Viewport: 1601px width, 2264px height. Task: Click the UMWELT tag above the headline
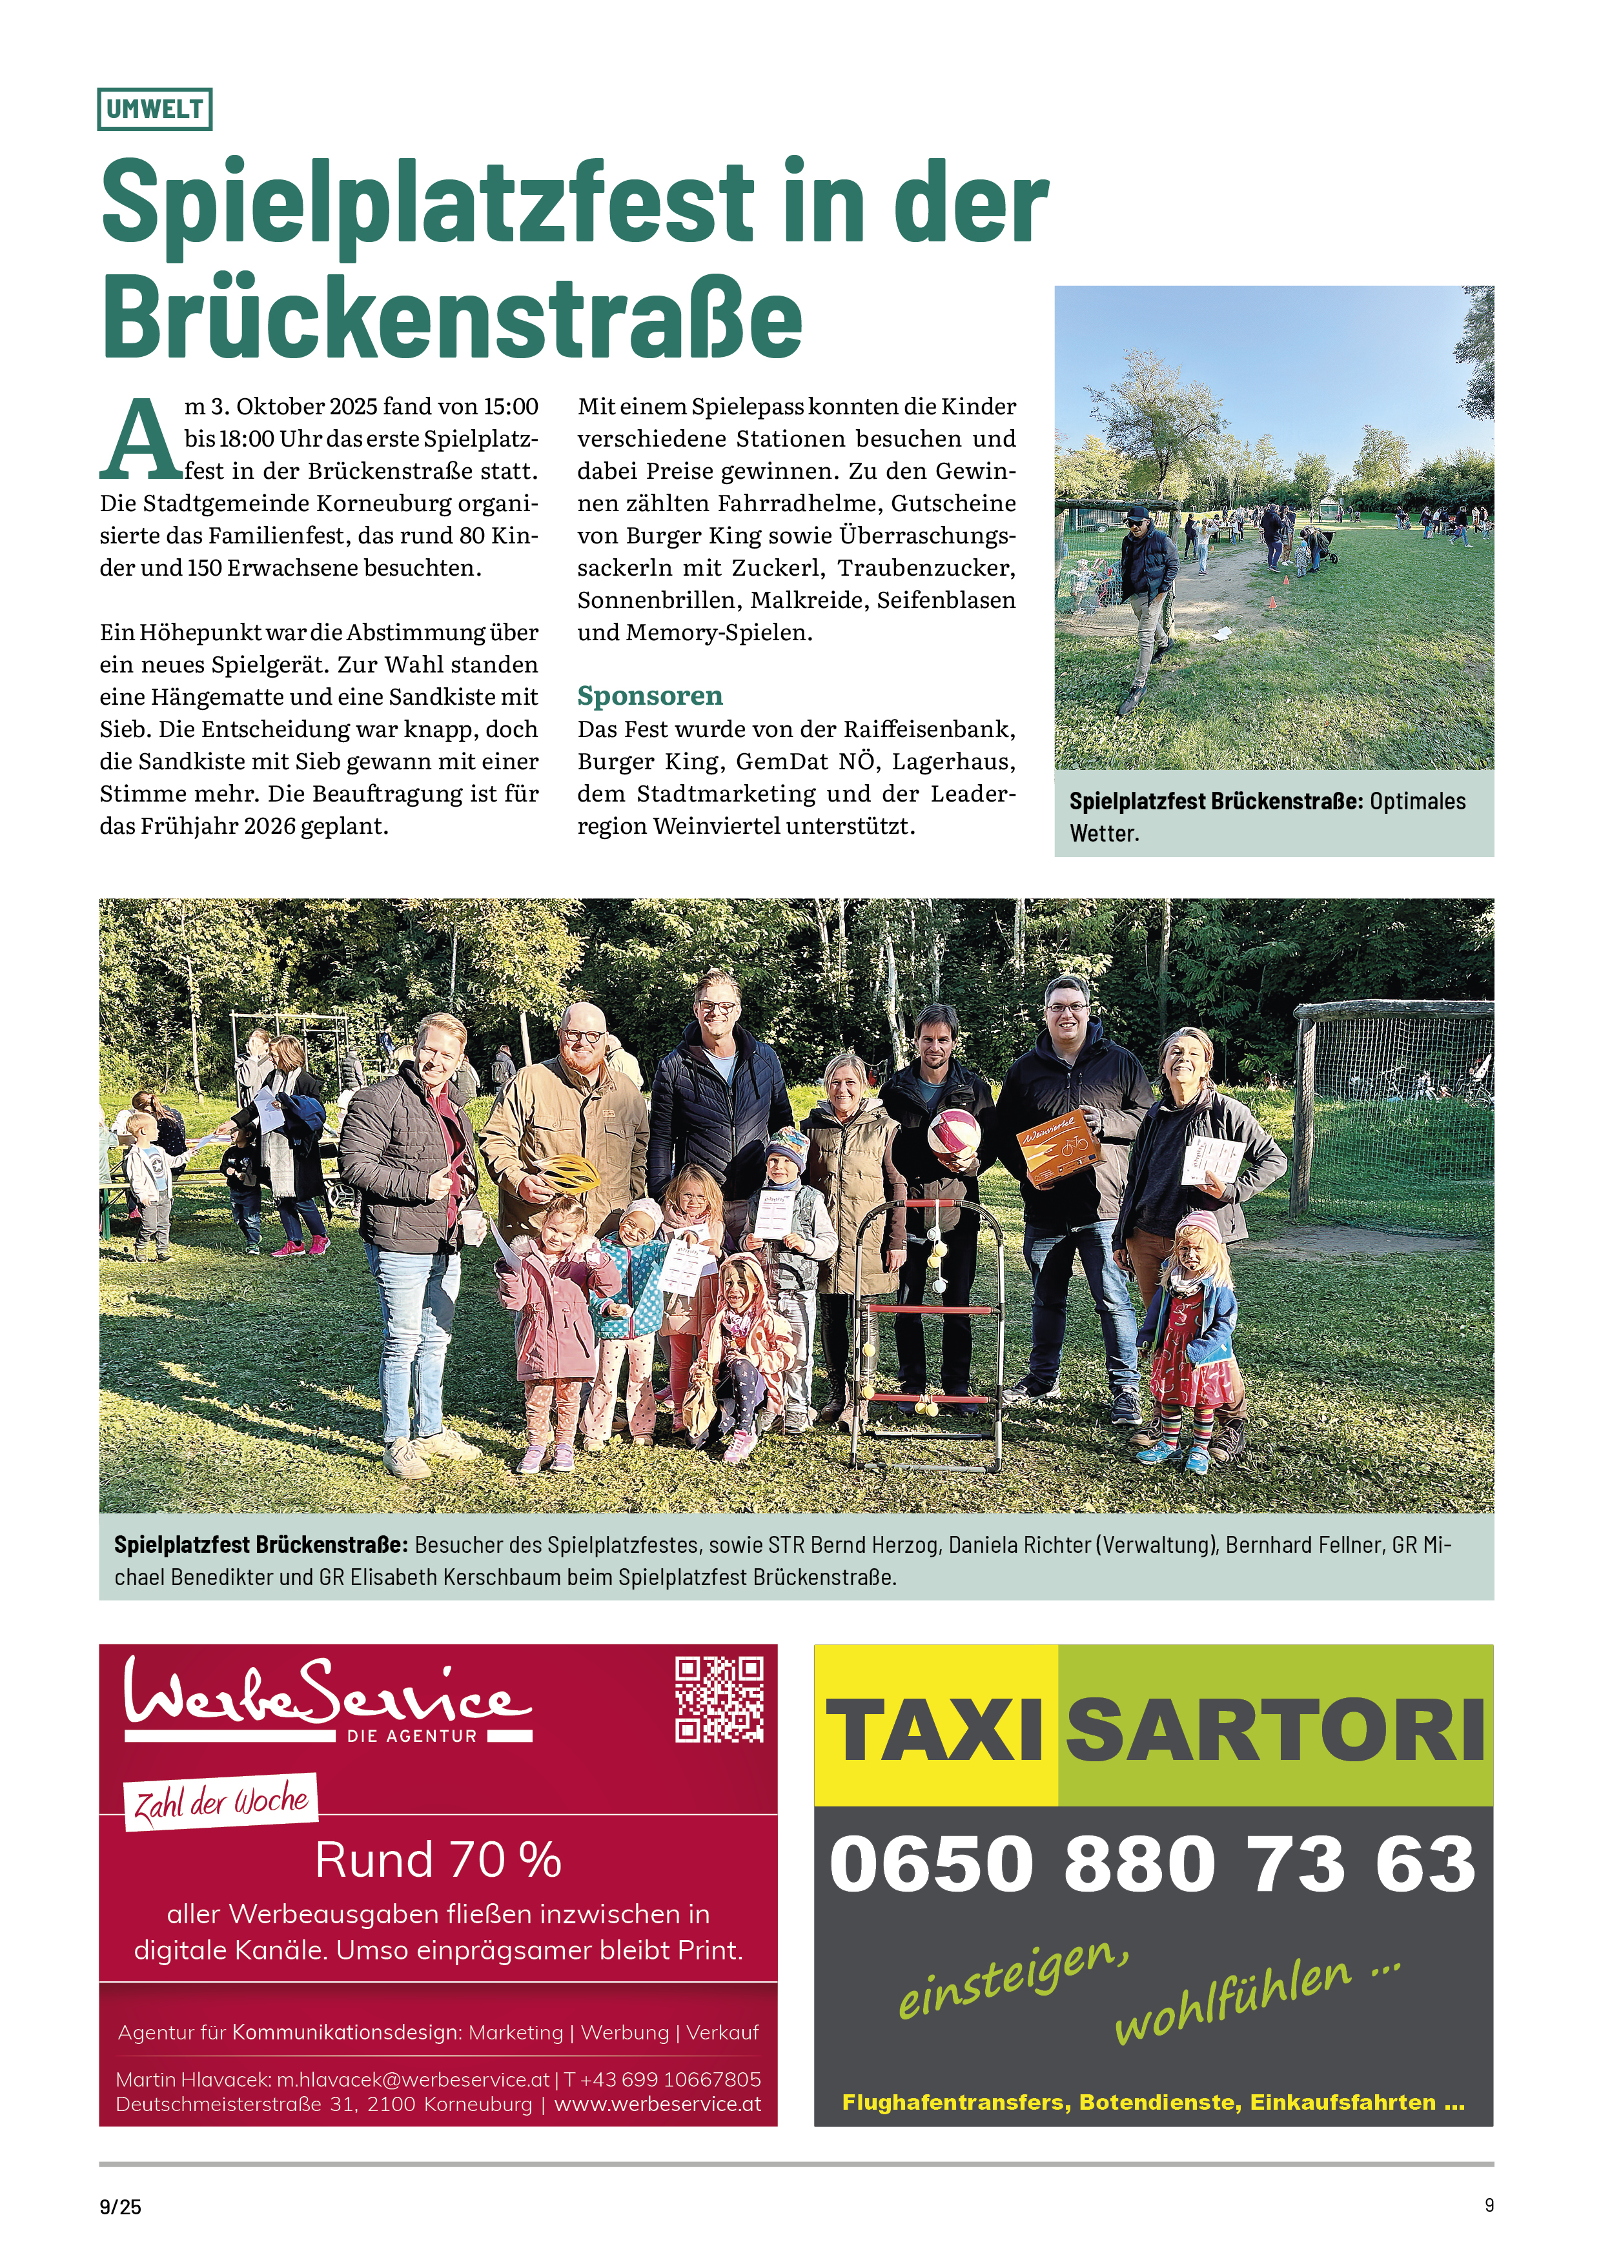(x=155, y=110)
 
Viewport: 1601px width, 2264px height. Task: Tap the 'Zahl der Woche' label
(x=221, y=1801)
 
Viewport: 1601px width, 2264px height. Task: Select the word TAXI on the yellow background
(x=934, y=1730)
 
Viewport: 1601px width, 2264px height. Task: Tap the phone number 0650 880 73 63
(x=1152, y=1864)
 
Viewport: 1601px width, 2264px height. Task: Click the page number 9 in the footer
(x=1489, y=2205)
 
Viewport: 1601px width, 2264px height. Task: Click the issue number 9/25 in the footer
(x=120, y=2207)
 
